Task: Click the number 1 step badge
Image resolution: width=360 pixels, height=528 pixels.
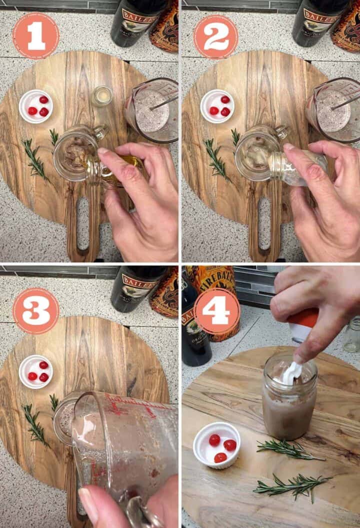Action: click(36, 36)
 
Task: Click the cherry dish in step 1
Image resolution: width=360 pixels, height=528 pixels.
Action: click(36, 106)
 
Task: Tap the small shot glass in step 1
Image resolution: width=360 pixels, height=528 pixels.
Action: click(102, 96)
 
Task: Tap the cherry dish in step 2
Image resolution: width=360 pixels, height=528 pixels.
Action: click(217, 106)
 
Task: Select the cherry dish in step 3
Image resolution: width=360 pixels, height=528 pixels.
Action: click(36, 371)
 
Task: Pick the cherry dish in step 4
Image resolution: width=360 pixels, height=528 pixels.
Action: click(216, 445)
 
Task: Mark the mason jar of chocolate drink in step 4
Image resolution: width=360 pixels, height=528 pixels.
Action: click(289, 405)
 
